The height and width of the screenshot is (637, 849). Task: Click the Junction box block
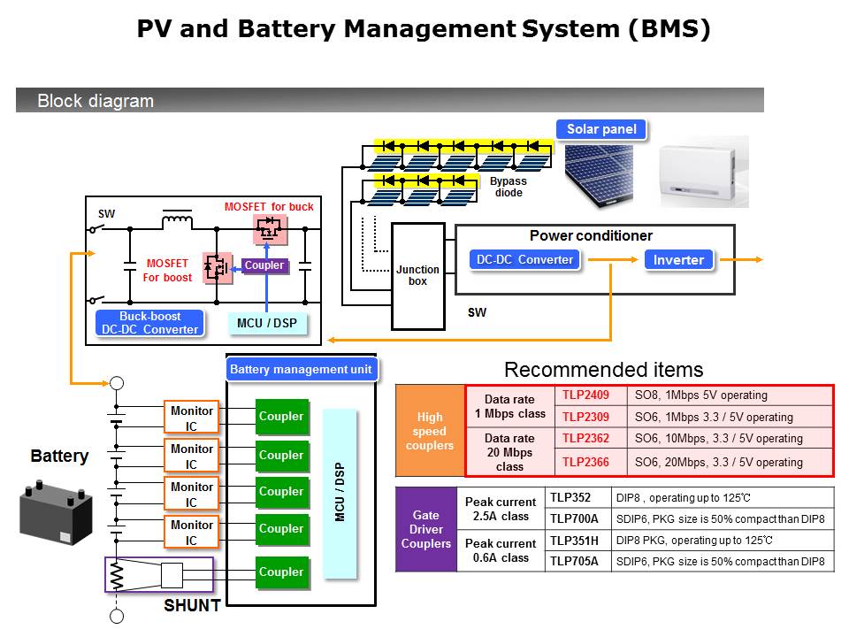click(x=418, y=275)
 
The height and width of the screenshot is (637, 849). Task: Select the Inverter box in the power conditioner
click(x=678, y=260)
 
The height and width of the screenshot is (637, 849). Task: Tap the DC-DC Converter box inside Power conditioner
click(x=525, y=259)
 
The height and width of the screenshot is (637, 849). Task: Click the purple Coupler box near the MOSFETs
click(x=264, y=265)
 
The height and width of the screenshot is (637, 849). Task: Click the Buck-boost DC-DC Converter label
click(x=149, y=323)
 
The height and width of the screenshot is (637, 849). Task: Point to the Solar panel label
click(x=601, y=129)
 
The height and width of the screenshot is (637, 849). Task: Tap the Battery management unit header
click(x=301, y=370)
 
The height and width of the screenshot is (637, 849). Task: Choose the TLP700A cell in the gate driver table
click(x=575, y=518)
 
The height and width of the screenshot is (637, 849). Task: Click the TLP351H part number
click(x=576, y=540)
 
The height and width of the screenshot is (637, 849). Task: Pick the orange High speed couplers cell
click(x=430, y=430)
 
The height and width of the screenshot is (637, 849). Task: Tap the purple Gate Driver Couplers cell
click(x=426, y=529)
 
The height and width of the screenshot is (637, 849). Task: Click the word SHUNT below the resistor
click(x=192, y=607)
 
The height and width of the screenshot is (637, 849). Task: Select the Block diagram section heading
click(x=96, y=101)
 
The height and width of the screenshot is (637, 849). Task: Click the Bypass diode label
click(x=509, y=187)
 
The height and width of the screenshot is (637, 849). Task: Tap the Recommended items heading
click(x=603, y=370)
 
